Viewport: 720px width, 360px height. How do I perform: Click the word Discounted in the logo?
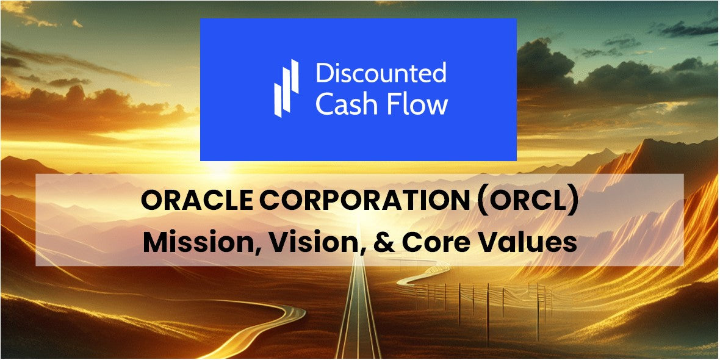coord(381,74)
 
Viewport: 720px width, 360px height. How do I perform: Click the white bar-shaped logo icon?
coord(286,88)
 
